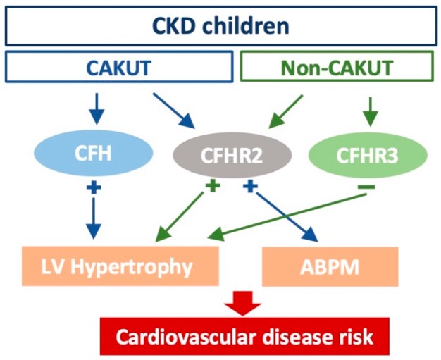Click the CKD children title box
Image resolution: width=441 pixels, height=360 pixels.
[220, 27]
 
